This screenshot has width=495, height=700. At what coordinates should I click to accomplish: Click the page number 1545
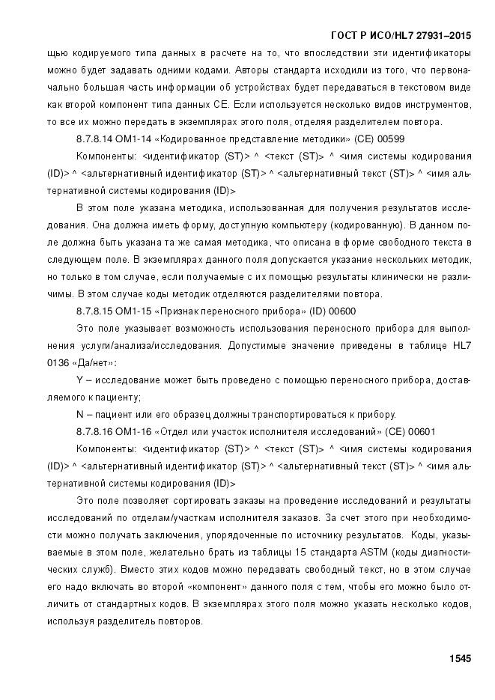coord(460,659)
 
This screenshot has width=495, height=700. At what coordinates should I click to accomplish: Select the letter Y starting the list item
coord(79,381)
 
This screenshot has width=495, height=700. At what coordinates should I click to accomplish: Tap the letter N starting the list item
coord(79,415)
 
